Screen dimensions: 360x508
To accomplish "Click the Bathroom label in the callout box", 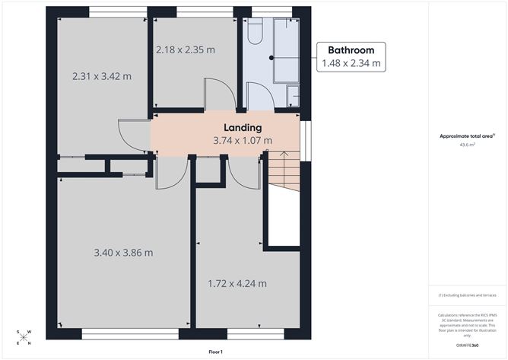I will [351, 50].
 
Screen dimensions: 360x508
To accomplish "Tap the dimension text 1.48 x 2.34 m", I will [351, 64].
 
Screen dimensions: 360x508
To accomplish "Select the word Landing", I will [242, 128].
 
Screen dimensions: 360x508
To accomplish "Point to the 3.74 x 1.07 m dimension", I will [242, 141].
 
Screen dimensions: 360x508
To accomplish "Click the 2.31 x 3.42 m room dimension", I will [101, 77].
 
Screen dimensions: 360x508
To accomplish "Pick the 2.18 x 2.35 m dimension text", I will [185, 50].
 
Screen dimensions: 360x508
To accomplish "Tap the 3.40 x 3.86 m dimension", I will [123, 253].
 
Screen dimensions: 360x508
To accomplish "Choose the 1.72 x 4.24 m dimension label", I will [237, 284].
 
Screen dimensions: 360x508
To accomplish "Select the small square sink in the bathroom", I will [294, 95].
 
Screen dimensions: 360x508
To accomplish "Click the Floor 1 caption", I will [216, 352].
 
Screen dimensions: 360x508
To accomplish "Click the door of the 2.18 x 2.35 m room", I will [219, 97].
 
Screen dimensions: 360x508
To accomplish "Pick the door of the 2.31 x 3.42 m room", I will [135, 137].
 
